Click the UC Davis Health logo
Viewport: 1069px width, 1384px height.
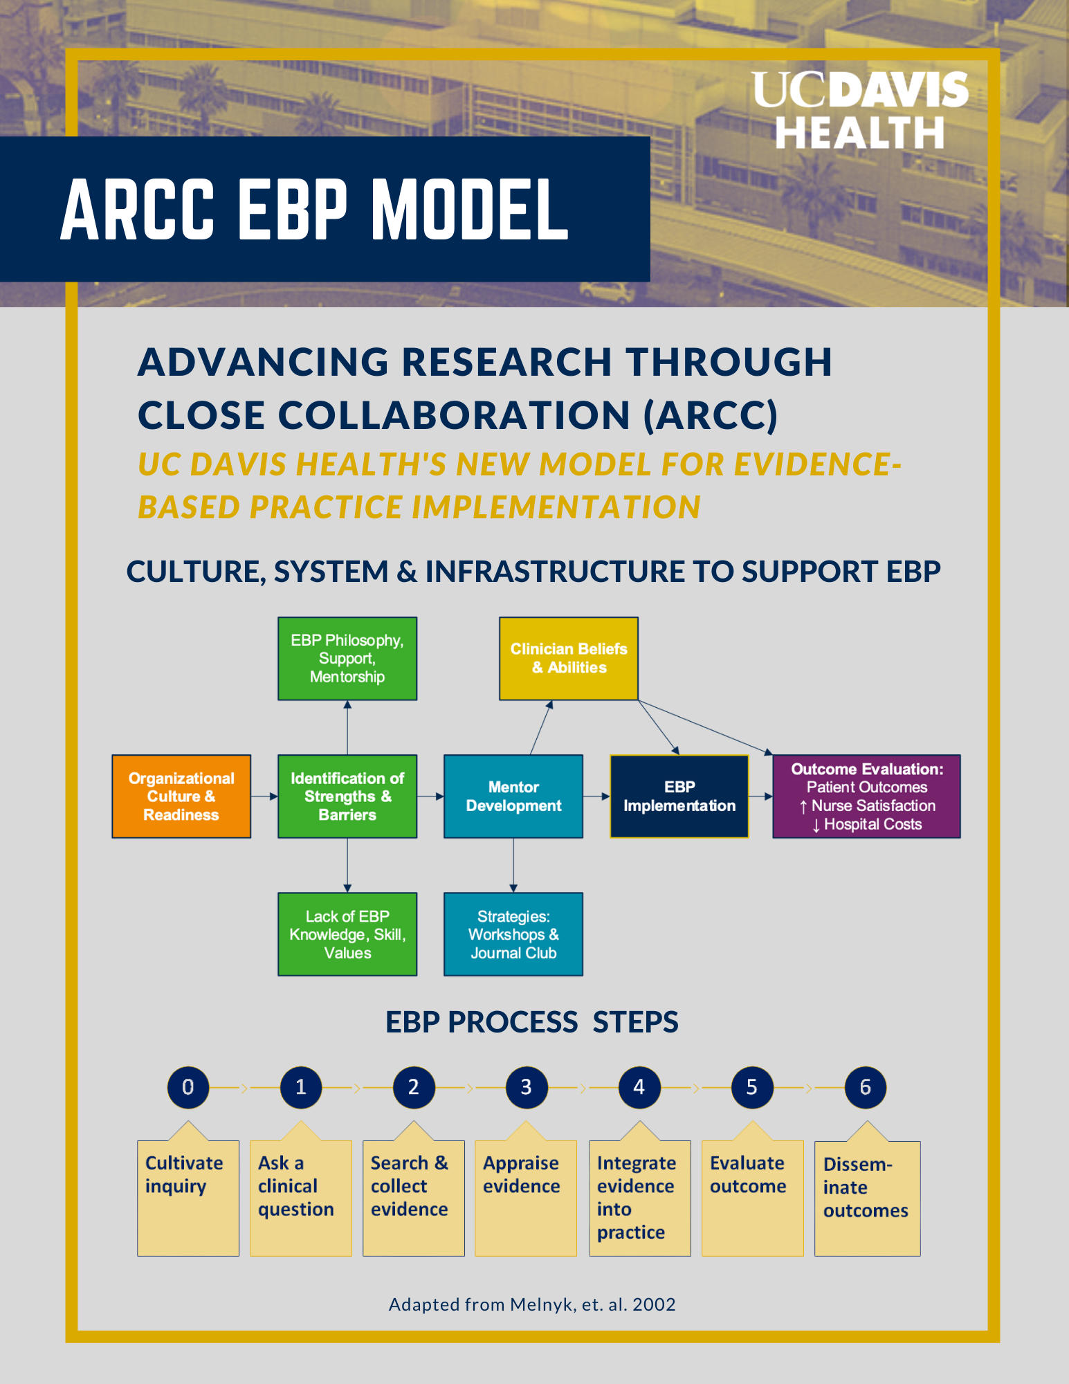point(860,110)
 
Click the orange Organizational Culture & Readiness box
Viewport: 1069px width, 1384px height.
point(181,796)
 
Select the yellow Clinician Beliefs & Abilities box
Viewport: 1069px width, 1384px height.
point(569,658)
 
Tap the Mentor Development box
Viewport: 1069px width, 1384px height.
point(513,796)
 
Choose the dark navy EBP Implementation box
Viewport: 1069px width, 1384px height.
point(679,796)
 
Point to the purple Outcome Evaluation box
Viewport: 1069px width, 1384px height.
point(866,796)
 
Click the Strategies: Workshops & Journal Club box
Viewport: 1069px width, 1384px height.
point(513,934)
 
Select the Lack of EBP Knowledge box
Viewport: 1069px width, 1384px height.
point(347,934)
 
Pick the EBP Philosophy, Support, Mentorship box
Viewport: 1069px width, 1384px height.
point(347,658)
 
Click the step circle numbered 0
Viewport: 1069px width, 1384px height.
point(188,1087)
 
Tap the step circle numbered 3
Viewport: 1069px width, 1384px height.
point(527,1087)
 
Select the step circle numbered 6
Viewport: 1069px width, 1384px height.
point(866,1087)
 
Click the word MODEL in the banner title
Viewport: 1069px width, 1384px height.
point(470,210)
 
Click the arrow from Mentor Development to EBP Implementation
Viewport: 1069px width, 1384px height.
point(596,796)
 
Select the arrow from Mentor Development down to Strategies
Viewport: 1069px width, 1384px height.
point(513,865)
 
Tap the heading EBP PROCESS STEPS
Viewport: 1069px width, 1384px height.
point(531,1022)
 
